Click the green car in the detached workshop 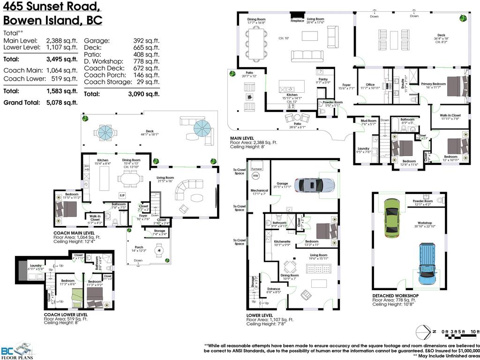tap(392, 217)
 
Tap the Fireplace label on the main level tap(297, 21)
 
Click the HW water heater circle tap(255, 176)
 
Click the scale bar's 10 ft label tap(475, 331)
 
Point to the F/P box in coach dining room tap(122, 195)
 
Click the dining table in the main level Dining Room tap(257, 41)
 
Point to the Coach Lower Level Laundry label tap(36, 265)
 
